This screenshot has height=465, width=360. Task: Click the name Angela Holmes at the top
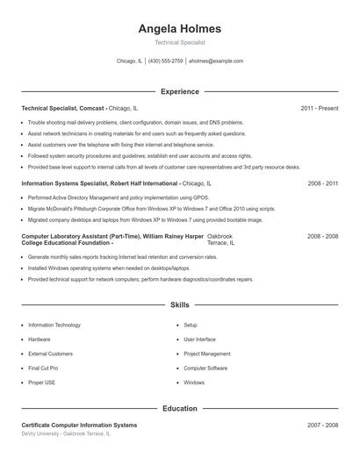179,28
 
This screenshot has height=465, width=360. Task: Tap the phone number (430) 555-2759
165,61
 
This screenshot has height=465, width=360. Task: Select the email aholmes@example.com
216,61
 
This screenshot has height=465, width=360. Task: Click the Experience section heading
179,90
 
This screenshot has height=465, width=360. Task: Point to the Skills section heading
179,305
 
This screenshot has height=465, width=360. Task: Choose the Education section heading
179,408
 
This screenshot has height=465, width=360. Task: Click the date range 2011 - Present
319,108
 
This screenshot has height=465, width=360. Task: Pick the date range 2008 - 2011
322,183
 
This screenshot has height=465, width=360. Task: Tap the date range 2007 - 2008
322,425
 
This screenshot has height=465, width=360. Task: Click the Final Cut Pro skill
43,368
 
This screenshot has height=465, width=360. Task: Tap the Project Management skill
207,354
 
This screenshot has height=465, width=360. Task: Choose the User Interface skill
199,339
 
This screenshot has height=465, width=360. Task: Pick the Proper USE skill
41,383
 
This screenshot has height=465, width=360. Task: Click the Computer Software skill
205,368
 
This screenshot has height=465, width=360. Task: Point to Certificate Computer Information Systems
79,425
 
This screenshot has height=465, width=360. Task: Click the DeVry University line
66,433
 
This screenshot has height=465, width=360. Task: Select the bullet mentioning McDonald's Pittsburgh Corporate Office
151,209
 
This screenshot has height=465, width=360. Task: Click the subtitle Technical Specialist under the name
179,42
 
